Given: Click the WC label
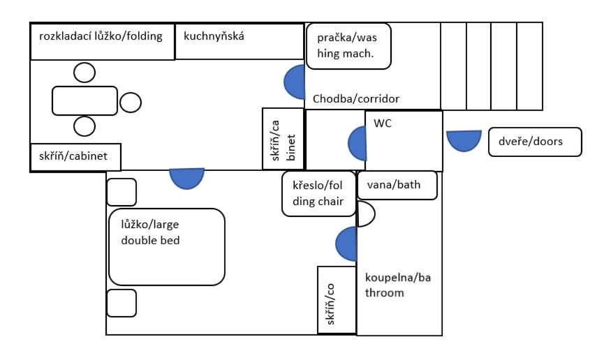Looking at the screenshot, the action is pyautogui.click(x=383, y=123).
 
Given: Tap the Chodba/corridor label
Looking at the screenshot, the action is pyautogui.click(x=356, y=99).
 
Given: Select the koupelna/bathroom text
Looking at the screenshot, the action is pyautogui.click(x=398, y=285).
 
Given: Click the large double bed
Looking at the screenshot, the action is pyautogui.click(x=167, y=246).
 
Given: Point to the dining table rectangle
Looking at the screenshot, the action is pyautogui.click(x=84, y=101).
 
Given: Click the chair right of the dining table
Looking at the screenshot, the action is pyautogui.click(x=131, y=102).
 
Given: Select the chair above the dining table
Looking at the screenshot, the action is pyautogui.click(x=84, y=73).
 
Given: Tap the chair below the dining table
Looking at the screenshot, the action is pyautogui.click(x=84, y=126).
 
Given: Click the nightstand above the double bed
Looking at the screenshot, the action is pyautogui.click(x=121, y=192).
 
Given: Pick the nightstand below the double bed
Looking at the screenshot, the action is pyautogui.click(x=121, y=303).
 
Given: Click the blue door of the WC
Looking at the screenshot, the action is pyautogui.click(x=358, y=144).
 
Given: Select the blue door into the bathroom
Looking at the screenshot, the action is pyautogui.click(x=346, y=244).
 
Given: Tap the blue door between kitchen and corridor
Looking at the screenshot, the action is pyautogui.click(x=295, y=82).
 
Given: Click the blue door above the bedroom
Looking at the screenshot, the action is pyautogui.click(x=186, y=179).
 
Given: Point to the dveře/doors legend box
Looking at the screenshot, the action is pyautogui.click(x=535, y=142).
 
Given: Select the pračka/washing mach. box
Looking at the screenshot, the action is pyautogui.click(x=348, y=46).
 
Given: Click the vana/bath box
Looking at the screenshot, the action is pyautogui.click(x=397, y=186).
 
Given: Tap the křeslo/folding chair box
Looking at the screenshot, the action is pyautogui.click(x=318, y=194).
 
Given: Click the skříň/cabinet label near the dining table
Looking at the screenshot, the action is pyautogui.click(x=73, y=156).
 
